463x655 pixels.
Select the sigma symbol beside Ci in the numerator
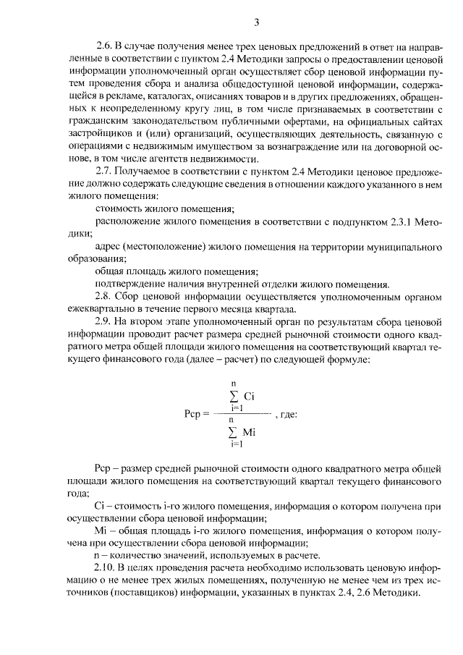coord(232,397)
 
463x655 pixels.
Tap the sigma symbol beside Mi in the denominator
coord(232,433)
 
